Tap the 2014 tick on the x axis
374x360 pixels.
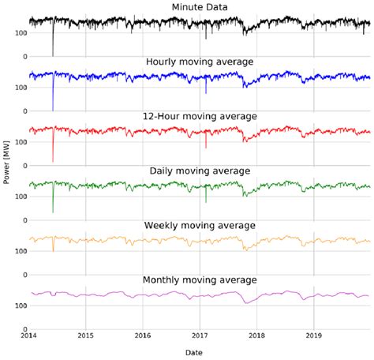28,336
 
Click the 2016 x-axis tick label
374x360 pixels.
143,336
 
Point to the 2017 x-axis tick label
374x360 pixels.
200,336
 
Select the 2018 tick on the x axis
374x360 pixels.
257,336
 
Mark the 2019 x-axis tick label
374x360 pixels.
314,336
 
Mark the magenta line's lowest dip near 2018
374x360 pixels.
245,302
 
